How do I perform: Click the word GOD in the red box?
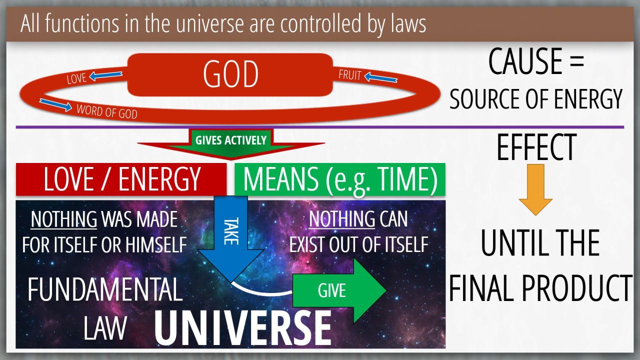click(x=230, y=74)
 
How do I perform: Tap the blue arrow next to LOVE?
click(x=105, y=75)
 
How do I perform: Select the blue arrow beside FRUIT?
click(x=380, y=77)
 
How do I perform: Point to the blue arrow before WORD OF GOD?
click(x=55, y=105)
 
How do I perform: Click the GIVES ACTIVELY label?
click(x=231, y=140)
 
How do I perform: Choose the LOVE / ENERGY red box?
click(x=121, y=179)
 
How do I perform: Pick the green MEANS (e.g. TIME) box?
click(x=340, y=179)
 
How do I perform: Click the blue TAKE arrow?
click(x=231, y=238)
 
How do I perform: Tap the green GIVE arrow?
click(x=339, y=290)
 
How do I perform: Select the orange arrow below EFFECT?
click(x=535, y=189)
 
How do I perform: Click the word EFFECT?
click(x=536, y=147)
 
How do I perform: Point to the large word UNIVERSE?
click(x=243, y=328)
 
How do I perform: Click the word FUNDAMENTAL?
click(x=105, y=289)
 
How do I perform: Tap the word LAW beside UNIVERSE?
click(x=105, y=328)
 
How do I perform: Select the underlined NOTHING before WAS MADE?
click(x=63, y=219)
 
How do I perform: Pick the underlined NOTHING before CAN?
click(x=341, y=219)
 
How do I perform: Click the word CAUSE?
click(x=525, y=61)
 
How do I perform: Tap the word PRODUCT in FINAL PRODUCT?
click(x=577, y=287)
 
